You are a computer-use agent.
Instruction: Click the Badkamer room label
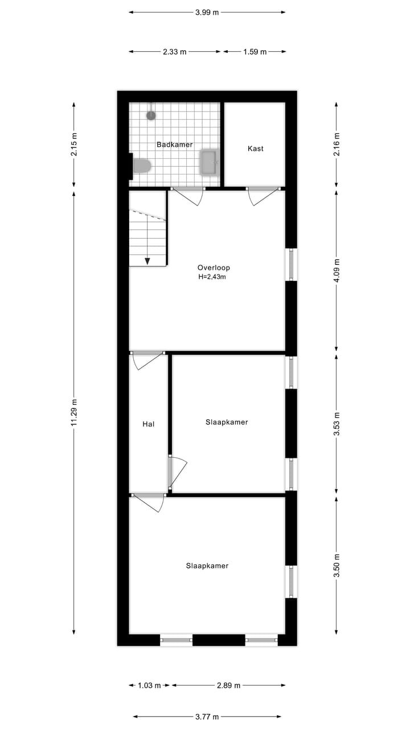coord(174,145)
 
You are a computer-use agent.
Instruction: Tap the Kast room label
coord(255,149)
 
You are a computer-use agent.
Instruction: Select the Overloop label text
coord(214,268)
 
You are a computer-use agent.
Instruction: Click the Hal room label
coord(148,424)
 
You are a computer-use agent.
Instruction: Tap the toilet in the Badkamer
coord(141,166)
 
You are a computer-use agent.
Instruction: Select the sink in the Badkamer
coord(208,162)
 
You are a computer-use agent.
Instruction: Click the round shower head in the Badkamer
coord(151,115)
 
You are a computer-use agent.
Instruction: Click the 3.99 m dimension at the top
coord(207,12)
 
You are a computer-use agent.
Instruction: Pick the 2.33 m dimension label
coord(174,52)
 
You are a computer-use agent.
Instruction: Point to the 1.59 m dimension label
coord(255,52)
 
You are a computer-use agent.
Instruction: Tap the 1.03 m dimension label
coord(149,686)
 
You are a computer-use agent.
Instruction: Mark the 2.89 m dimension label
coord(228,686)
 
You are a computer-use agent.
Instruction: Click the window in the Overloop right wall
coord(291,264)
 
